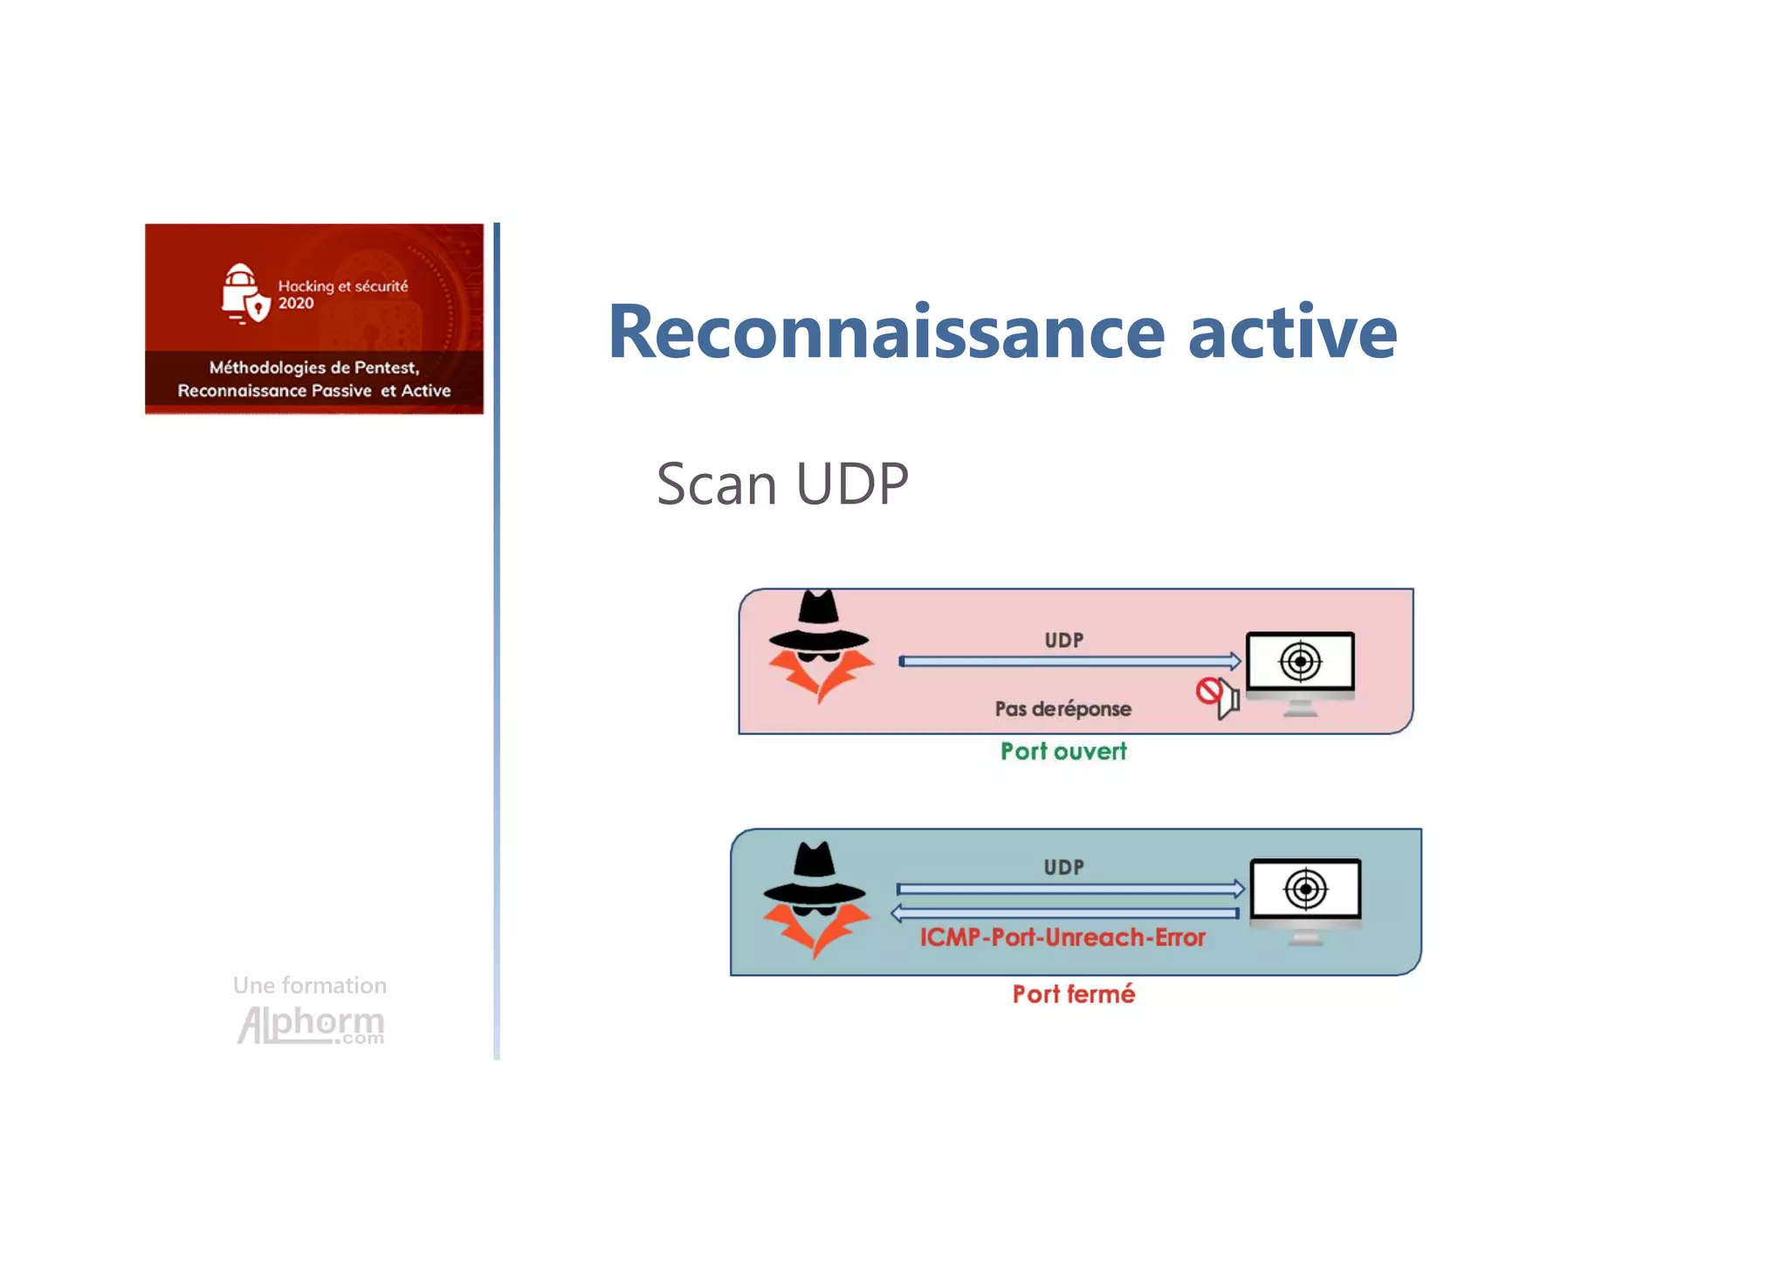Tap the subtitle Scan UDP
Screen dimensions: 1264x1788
coord(782,484)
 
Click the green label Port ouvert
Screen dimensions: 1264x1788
coord(1063,752)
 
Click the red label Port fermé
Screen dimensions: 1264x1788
coord(1073,993)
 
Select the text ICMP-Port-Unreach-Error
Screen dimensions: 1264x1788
coord(1062,938)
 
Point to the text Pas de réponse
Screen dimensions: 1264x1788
coord(1062,709)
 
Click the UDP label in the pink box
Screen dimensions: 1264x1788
coord(1063,640)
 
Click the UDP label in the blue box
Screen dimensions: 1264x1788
coord(1063,867)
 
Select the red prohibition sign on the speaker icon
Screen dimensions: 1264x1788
coord(1208,691)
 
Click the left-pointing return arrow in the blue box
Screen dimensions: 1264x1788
coord(1065,913)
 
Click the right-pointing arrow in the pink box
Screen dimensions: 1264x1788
coord(1069,661)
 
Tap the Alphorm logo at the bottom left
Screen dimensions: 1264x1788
coord(310,1024)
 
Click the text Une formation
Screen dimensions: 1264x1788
coord(309,986)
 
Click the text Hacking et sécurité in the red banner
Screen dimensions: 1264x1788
coord(342,286)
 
